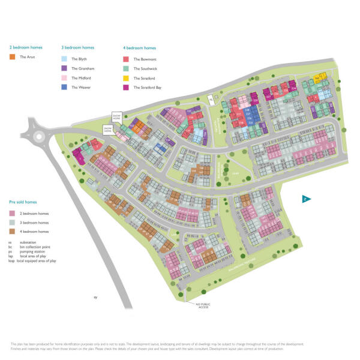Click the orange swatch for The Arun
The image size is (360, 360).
pos(12,57)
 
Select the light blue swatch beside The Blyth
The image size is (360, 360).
pos(64,59)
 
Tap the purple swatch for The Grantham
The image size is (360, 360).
pos(64,68)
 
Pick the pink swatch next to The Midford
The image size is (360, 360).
pos(64,78)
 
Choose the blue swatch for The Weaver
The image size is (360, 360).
pos(64,88)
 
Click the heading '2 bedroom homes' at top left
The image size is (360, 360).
pos(23,47)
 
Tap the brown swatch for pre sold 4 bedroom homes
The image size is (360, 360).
pos(12,232)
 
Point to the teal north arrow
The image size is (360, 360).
pos(305,199)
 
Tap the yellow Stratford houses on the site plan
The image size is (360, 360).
pos(320,77)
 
